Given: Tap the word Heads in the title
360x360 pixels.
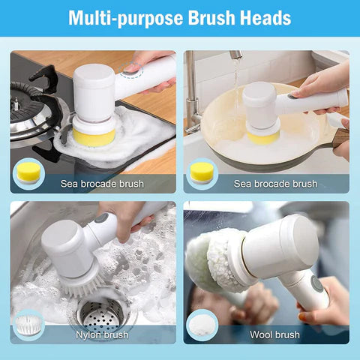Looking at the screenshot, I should [263, 17].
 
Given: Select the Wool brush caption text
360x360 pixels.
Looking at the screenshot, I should [276, 334].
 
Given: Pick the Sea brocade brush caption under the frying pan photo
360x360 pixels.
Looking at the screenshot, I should [275, 184].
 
